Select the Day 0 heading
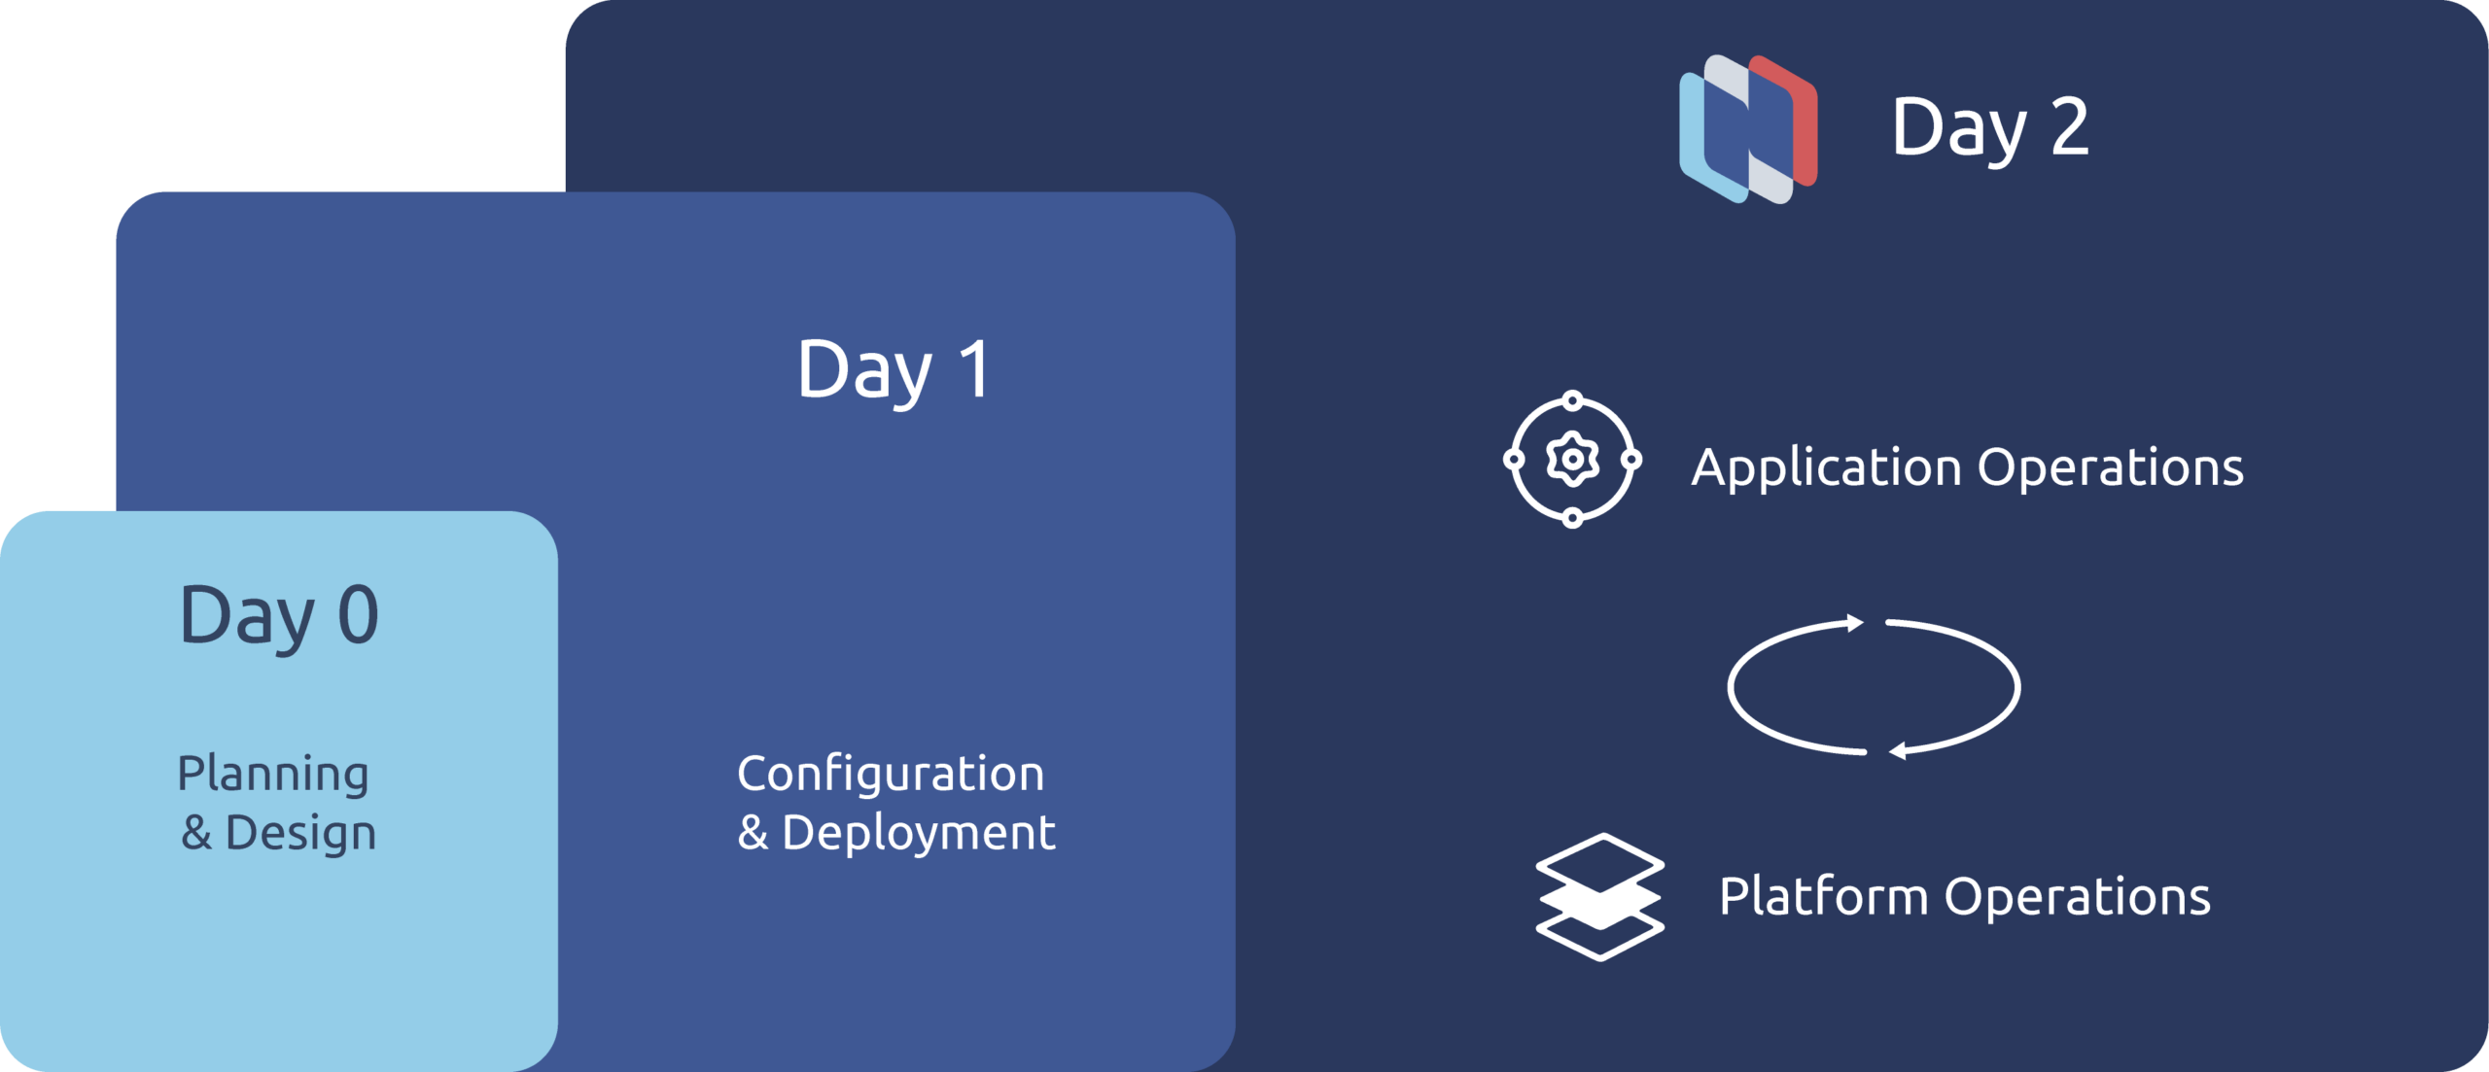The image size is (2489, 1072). click(279, 617)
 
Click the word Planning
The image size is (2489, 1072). click(273, 775)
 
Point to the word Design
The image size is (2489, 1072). click(300, 834)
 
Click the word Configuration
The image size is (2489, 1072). click(891, 775)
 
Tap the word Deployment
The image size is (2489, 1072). click(919, 834)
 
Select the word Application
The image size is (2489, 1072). click(1827, 469)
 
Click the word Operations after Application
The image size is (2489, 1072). click(2111, 469)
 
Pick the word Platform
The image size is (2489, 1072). click(1824, 896)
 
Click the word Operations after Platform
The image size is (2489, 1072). click(2078, 896)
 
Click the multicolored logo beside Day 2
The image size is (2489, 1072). click(1748, 129)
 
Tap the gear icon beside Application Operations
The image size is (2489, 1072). click(1573, 459)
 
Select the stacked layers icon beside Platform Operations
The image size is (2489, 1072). click(1600, 897)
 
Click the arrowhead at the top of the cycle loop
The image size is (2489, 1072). click(1855, 623)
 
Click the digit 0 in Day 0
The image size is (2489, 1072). click(358, 615)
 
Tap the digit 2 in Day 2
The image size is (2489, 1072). click(2070, 126)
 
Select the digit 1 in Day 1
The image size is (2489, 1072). click(975, 369)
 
